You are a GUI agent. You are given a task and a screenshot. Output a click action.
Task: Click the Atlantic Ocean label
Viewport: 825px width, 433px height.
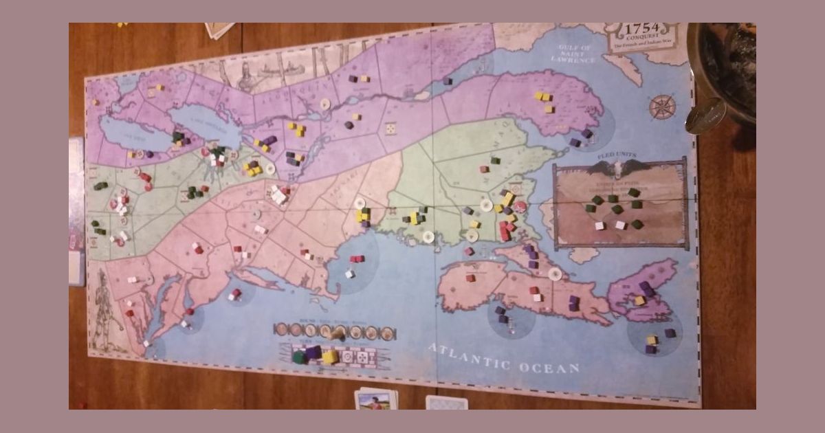[504, 358]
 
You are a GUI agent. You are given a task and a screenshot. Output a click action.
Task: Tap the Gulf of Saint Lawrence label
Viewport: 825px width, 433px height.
[575, 54]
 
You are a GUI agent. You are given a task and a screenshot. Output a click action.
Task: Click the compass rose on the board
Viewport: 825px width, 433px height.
[662, 107]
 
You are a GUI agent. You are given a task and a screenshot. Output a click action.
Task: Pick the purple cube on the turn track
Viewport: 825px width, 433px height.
[313, 353]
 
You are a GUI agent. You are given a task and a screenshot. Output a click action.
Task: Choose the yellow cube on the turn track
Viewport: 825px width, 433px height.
[330, 357]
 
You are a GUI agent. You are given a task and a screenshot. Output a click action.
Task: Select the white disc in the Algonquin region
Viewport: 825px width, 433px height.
[324, 106]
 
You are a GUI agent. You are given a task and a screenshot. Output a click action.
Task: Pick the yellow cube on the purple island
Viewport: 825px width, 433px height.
[640, 300]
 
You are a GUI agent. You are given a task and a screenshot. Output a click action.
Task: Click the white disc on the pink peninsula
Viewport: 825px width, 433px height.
[555, 274]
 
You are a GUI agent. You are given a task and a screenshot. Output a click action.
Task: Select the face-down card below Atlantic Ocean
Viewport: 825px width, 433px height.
[446, 402]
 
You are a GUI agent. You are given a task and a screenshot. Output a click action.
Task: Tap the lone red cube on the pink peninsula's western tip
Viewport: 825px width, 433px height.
[470, 278]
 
